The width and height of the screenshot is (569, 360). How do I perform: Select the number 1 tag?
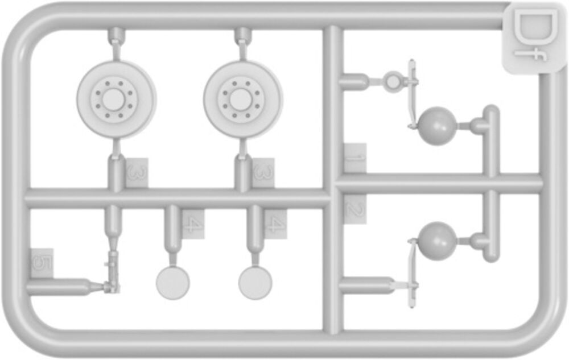click(x=355, y=159)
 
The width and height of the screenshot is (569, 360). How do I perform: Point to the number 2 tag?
click(x=355, y=209)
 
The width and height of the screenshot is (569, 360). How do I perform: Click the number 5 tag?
click(x=42, y=263)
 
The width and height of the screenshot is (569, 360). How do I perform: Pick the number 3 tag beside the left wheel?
click(x=137, y=173)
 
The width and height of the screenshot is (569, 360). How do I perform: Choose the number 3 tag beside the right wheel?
click(x=263, y=173)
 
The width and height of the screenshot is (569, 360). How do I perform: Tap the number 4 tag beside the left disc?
click(x=193, y=225)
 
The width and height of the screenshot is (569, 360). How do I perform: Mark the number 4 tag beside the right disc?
click(x=275, y=225)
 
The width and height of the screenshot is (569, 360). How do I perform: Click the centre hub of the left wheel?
click(x=114, y=100)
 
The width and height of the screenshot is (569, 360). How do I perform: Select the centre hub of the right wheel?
click(x=241, y=100)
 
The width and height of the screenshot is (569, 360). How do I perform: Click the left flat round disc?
click(x=173, y=283)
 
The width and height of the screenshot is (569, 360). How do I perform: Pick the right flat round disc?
click(x=255, y=283)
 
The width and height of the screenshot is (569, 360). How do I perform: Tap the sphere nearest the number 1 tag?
click(x=437, y=126)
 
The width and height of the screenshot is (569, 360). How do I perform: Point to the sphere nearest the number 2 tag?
click(x=437, y=241)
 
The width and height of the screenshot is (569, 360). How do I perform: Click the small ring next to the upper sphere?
click(x=393, y=81)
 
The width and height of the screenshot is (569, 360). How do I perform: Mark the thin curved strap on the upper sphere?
click(x=413, y=95)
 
